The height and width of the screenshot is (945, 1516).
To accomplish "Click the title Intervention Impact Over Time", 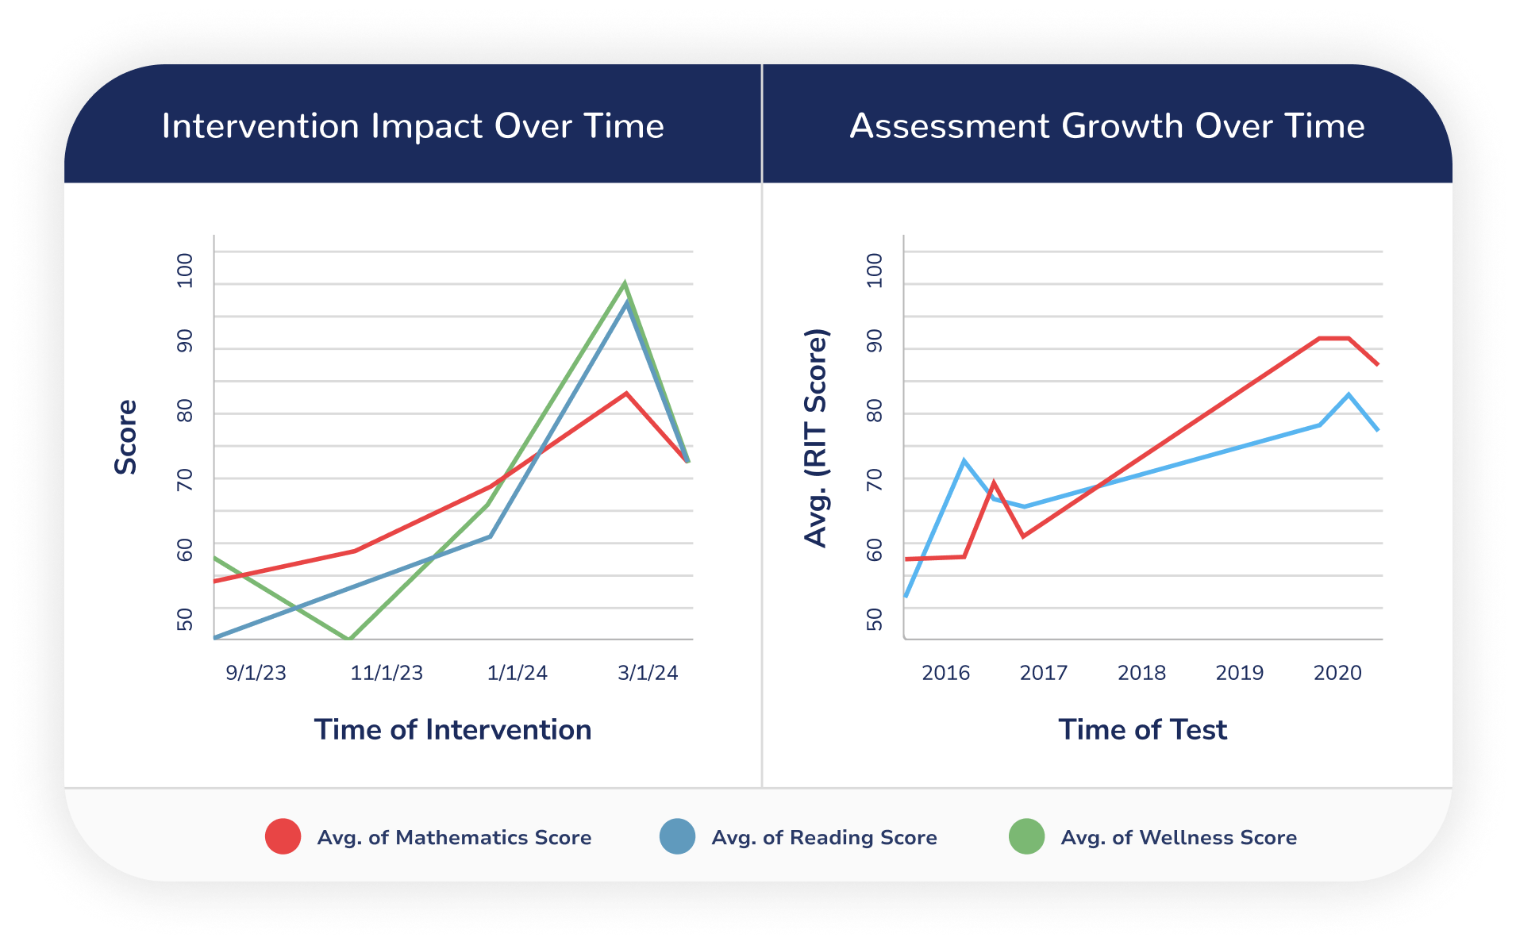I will (x=413, y=126).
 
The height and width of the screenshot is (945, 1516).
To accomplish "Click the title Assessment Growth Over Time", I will (x=1107, y=126).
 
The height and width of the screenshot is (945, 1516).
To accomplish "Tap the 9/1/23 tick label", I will (x=256, y=673).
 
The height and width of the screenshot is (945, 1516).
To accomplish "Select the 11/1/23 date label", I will (x=387, y=673).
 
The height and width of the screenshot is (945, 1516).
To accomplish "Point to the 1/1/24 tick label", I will (x=517, y=673).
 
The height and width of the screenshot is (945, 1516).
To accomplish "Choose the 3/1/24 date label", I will (x=648, y=673).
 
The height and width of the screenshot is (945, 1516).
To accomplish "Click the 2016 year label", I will (x=945, y=673).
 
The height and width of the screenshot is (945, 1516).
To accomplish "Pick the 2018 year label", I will (x=1141, y=673).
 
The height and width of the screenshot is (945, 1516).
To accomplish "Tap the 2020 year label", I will (x=1337, y=673).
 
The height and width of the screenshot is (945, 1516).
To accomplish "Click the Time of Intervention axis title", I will (x=452, y=729).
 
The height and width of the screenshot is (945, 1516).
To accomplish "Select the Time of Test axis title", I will (x=1142, y=729).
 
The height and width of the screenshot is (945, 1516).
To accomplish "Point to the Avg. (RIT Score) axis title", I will (x=816, y=438).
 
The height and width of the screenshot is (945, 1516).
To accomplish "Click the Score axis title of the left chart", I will (x=126, y=437).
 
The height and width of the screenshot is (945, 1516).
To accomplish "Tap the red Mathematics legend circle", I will (x=283, y=836).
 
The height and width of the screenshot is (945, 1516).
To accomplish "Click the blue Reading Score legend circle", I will (x=677, y=836).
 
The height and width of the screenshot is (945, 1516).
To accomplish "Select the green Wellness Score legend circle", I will (x=1026, y=836).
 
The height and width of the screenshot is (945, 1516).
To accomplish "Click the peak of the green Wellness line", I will (x=625, y=283).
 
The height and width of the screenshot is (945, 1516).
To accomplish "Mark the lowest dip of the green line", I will (x=348, y=638).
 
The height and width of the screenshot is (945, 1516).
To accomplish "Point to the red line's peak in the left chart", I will (x=626, y=394).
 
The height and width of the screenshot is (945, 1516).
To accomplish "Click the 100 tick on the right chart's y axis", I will (x=875, y=271).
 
